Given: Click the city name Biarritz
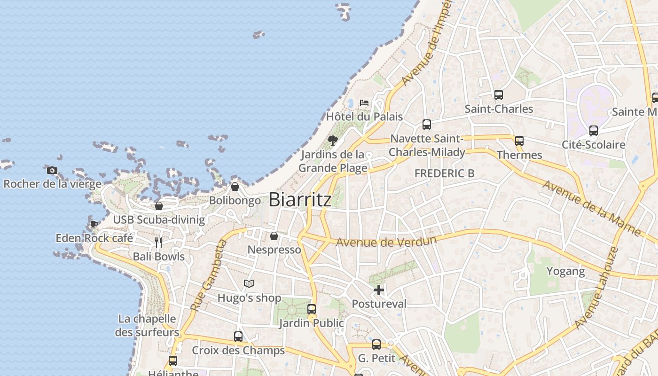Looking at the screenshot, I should (x=300, y=200).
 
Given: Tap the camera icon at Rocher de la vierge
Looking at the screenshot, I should (x=52, y=170).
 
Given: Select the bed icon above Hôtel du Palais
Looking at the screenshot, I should (x=364, y=103).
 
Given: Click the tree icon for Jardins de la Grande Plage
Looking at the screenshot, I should (x=333, y=140).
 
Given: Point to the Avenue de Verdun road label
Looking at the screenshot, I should (x=387, y=242).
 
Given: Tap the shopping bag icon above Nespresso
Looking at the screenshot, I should (x=274, y=236).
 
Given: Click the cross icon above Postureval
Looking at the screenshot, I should (x=379, y=290).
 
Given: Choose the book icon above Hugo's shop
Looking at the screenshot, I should (x=249, y=284).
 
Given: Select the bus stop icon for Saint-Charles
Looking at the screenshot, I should (x=499, y=95).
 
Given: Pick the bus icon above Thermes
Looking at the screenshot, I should (x=519, y=141).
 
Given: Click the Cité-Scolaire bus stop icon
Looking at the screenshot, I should (x=594, y=131).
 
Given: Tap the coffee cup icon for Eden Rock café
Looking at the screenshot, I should (x=94, y=224).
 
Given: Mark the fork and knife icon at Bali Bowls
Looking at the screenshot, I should (x=158, y=243).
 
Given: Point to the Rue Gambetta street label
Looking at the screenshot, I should (x=209, y=275).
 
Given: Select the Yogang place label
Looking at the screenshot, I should (x=565, y=271).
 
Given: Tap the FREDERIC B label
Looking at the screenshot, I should (x=444, y=173).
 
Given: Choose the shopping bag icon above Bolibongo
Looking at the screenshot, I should (x=235, y=187).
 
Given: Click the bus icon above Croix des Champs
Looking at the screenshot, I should (x=238, y=337).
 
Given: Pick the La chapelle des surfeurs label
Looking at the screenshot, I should (x=148, y=325).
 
